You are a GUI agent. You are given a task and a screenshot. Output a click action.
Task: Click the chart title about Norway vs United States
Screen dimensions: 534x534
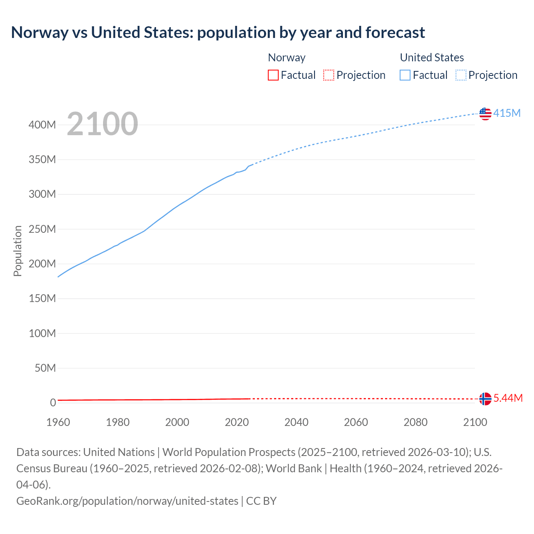[x=218, y=32]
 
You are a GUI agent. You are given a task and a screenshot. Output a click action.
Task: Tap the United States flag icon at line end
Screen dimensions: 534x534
[x=485, y=113]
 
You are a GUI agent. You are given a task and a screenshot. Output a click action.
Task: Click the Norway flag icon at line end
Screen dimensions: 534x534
[x=485, y=399]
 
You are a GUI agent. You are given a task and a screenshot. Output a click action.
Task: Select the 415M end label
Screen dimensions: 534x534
[x=507, y=113]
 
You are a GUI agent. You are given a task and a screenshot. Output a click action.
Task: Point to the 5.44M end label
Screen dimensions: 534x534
[x=508, y=398]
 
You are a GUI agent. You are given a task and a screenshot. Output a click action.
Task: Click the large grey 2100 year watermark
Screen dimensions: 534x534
[x=102, y=124]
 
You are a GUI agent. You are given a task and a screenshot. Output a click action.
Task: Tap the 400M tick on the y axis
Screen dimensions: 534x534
[x=42, y=125]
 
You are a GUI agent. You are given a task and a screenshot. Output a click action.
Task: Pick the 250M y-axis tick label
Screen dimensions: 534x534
[x=42, y=229]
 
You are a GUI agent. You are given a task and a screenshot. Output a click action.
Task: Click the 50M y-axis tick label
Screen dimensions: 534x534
[x=45, y=368]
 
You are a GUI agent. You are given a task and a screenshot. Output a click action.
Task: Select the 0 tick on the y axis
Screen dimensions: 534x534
[x=53, y=403]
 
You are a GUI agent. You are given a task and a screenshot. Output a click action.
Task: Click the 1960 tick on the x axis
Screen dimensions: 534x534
[x=58, y=422]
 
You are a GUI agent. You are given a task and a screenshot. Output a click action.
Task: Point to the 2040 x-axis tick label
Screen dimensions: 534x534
[x=296, y=422]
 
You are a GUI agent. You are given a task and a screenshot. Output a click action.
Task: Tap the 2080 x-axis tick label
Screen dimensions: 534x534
[x=416, y=422]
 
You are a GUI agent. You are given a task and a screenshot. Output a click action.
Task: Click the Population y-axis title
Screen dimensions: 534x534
[x=18, y=251]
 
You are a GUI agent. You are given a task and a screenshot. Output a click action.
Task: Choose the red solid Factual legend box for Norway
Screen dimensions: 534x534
[x=273, y=75]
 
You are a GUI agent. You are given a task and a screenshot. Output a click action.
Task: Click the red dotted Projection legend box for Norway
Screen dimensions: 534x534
[x=329, y=75]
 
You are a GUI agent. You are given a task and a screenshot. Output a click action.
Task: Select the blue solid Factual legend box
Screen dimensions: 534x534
[x=405, y=75]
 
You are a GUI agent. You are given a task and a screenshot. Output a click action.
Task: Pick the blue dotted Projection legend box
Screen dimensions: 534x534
[x=461, y=75]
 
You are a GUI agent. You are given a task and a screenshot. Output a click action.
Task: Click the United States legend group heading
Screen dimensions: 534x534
[x=432, y=58]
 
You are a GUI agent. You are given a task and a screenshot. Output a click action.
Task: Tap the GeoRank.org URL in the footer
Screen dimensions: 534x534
[x=127, y=501]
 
